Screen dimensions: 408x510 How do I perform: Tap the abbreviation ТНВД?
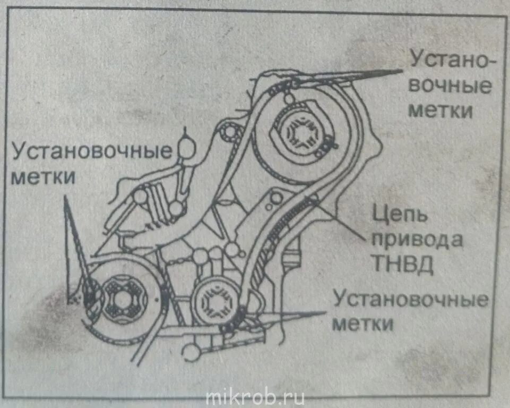pyautogui.click(x=401, y=264)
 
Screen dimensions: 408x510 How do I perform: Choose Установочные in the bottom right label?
pyautogui.click(x=410, y=299)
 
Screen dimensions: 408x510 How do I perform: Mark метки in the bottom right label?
pyautogui.click(x=364, y=323)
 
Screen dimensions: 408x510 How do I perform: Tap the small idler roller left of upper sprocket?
pyautogui.click(x=230, y=129)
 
